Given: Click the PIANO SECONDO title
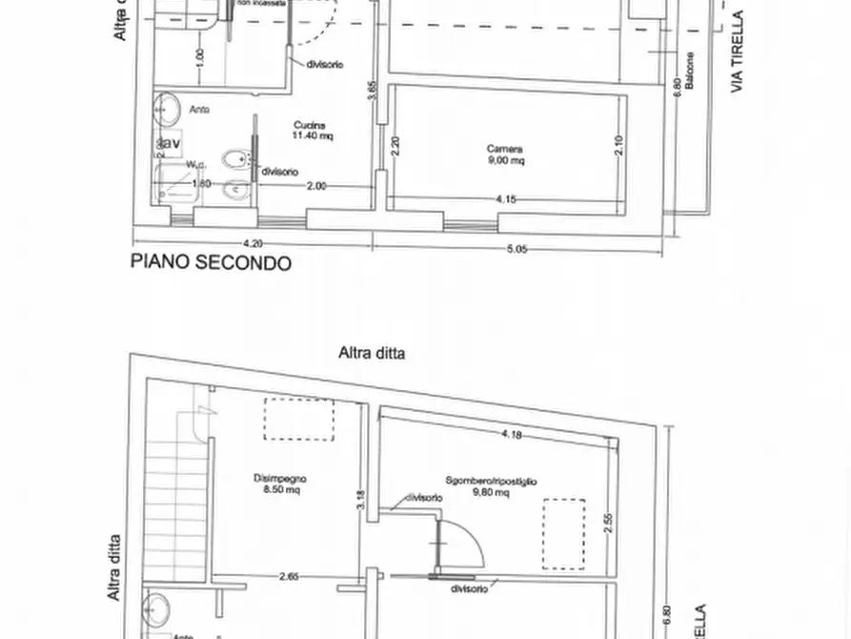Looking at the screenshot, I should [211, 263].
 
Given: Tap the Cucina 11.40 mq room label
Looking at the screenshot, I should [312, 131].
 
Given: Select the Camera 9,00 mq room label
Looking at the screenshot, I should [504, 155].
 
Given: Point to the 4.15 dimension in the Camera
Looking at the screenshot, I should [506, 200].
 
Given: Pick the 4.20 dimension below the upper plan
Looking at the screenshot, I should [253, 244].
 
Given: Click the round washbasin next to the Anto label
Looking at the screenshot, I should [168, 109].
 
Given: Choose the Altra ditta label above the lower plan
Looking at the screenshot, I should [372, 353].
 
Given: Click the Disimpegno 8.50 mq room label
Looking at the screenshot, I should [279, 483].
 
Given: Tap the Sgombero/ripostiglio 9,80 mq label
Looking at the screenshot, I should [490, 487].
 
